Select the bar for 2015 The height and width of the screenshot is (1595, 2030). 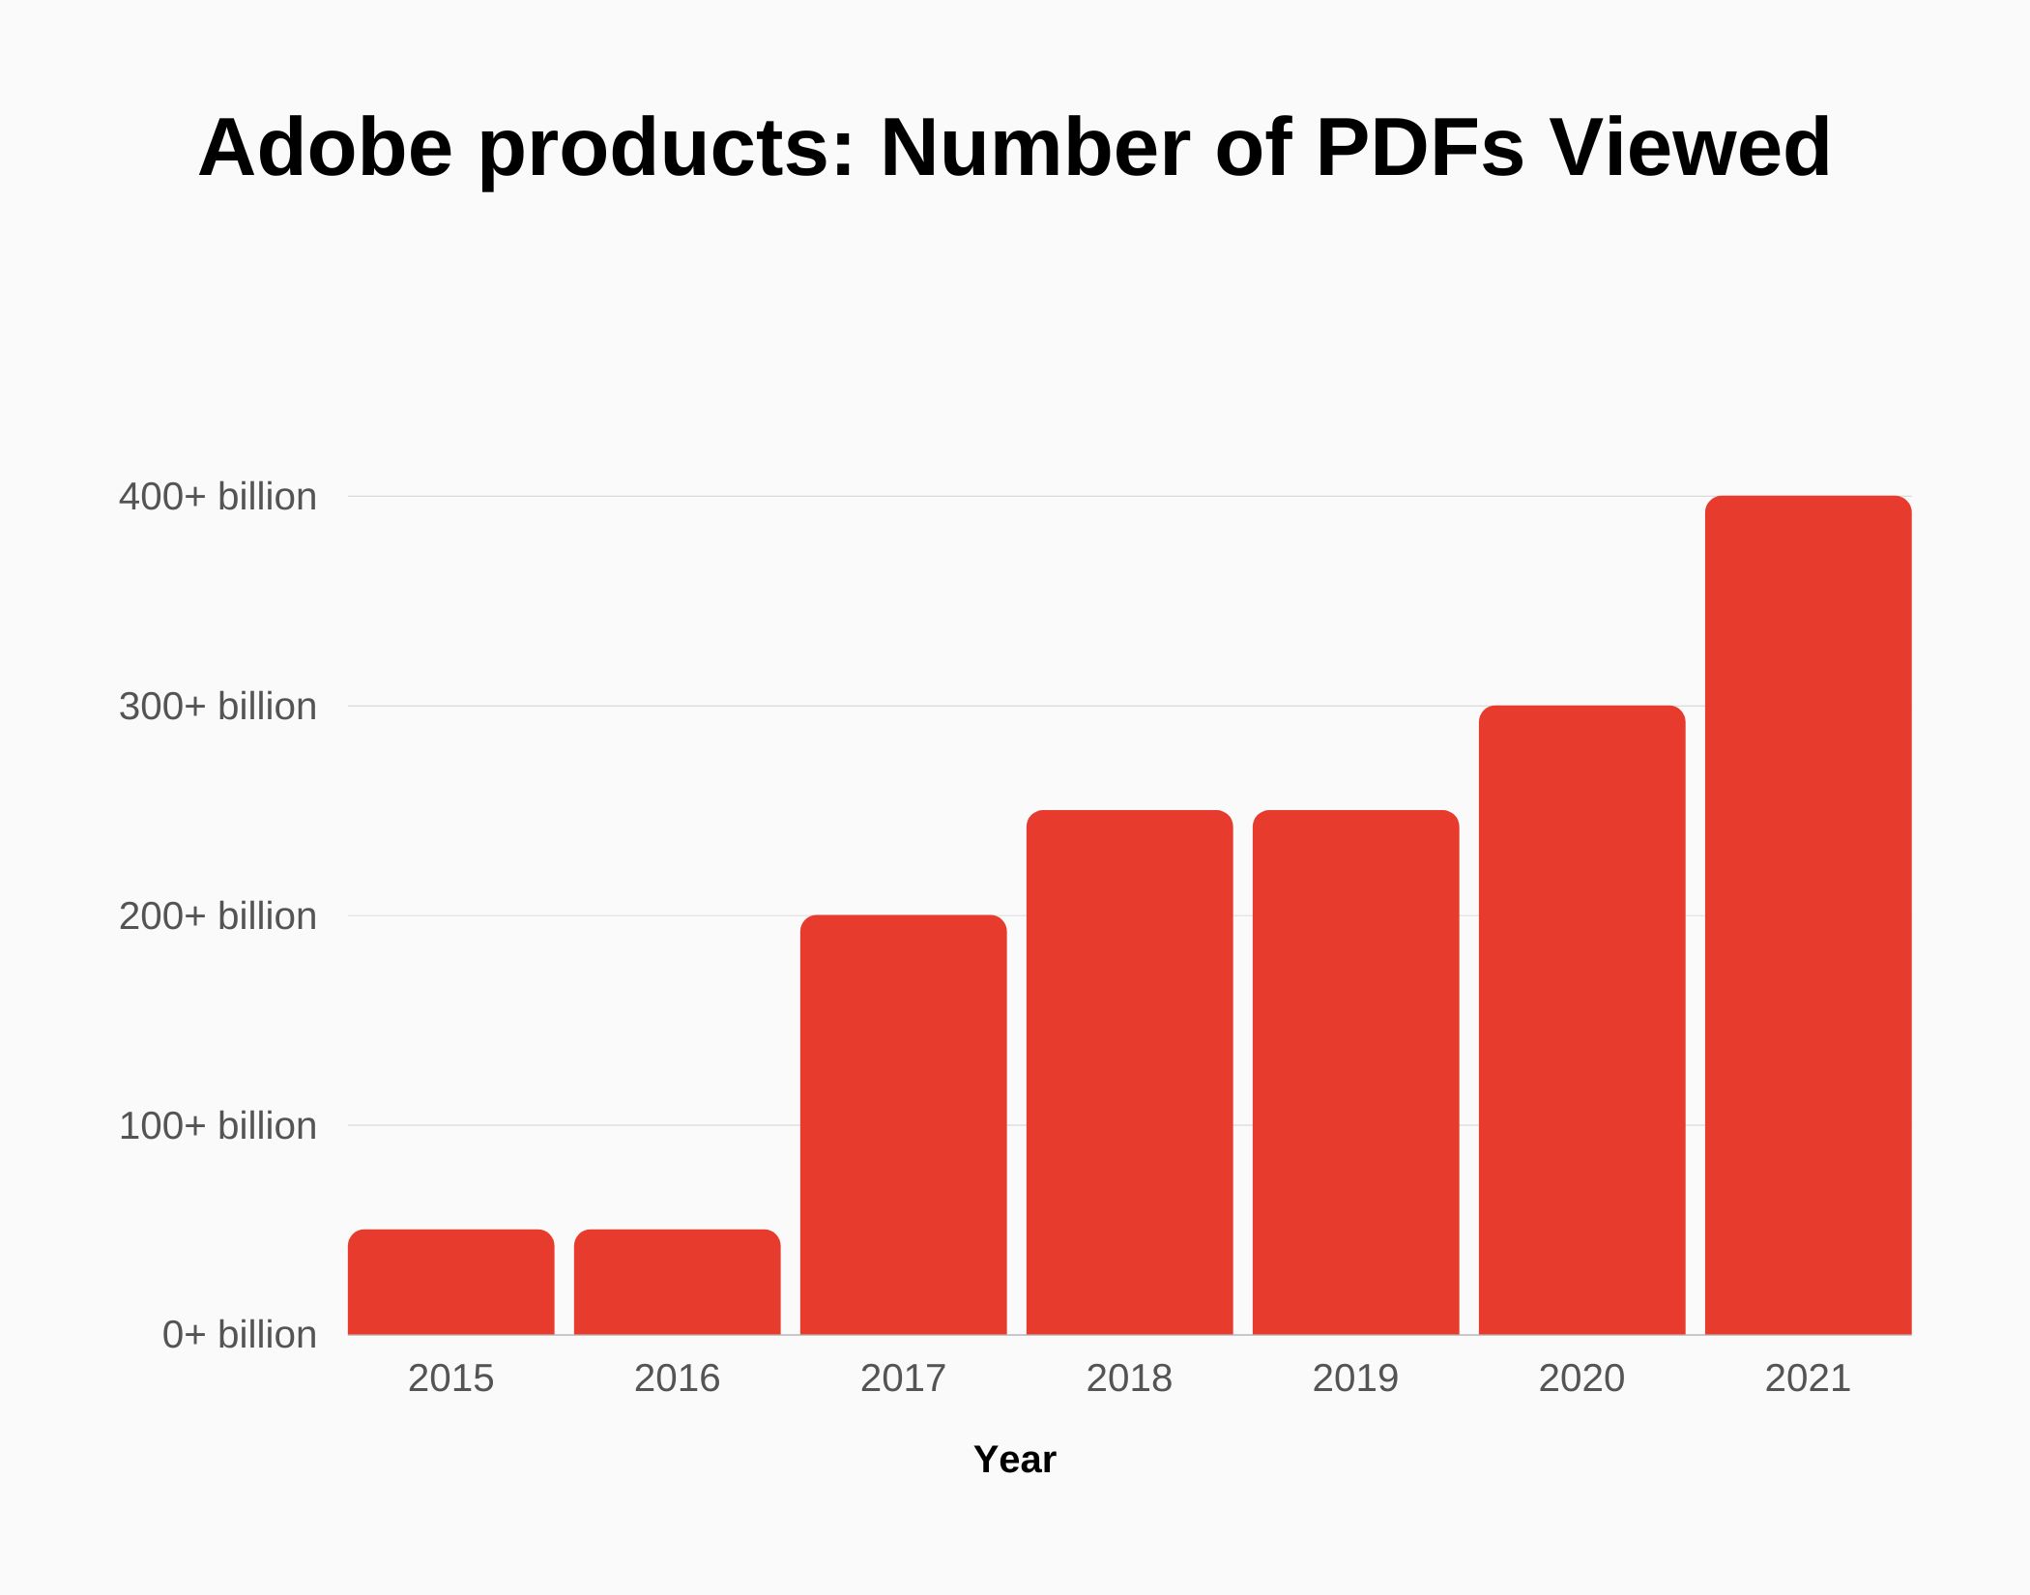pos(450,1282)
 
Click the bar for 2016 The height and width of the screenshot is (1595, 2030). pos(677,1282)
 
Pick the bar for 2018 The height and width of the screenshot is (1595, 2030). pos(1129,1072)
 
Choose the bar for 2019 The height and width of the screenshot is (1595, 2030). pos(1355,1072)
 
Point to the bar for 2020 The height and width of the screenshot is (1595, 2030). pos(1581,1020)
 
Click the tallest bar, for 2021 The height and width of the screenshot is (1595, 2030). pos(1808,914)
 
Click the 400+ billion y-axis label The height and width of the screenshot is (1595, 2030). pos(217,497)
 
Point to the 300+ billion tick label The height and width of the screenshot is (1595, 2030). pos(217,707)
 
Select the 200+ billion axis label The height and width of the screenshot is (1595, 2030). pos(217,916)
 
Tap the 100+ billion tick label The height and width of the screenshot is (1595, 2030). pos(217,1126)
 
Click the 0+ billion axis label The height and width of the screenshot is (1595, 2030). pos(239,1335)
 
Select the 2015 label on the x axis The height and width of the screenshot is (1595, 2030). pos(450,1378)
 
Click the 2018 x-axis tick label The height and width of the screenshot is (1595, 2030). pos(1129,1378)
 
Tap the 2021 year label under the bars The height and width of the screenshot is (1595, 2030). pos(1808,1378)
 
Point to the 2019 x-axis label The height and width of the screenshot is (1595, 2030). pos(1355,1378)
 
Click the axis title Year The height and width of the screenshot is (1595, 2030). pos(1014,1460)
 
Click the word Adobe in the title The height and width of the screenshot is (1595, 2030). pos(325,148)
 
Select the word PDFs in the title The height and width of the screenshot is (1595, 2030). pos(1419,148)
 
